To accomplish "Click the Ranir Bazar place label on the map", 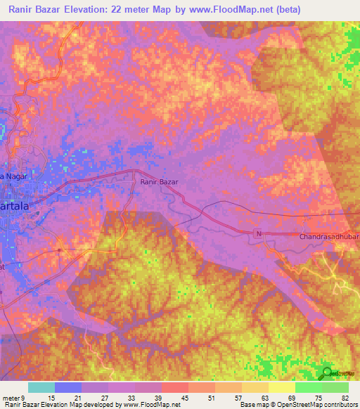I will pyautogui.click(x=160, y=181).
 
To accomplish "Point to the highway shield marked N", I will pyautogui.click(x=258, y=233).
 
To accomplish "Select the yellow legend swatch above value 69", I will pyautogui.click(x=281, y=387).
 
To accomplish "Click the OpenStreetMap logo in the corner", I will pyautogui.click(x=328, y=373).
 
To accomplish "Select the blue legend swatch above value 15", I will pyautogui.click(x=68, y=387).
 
